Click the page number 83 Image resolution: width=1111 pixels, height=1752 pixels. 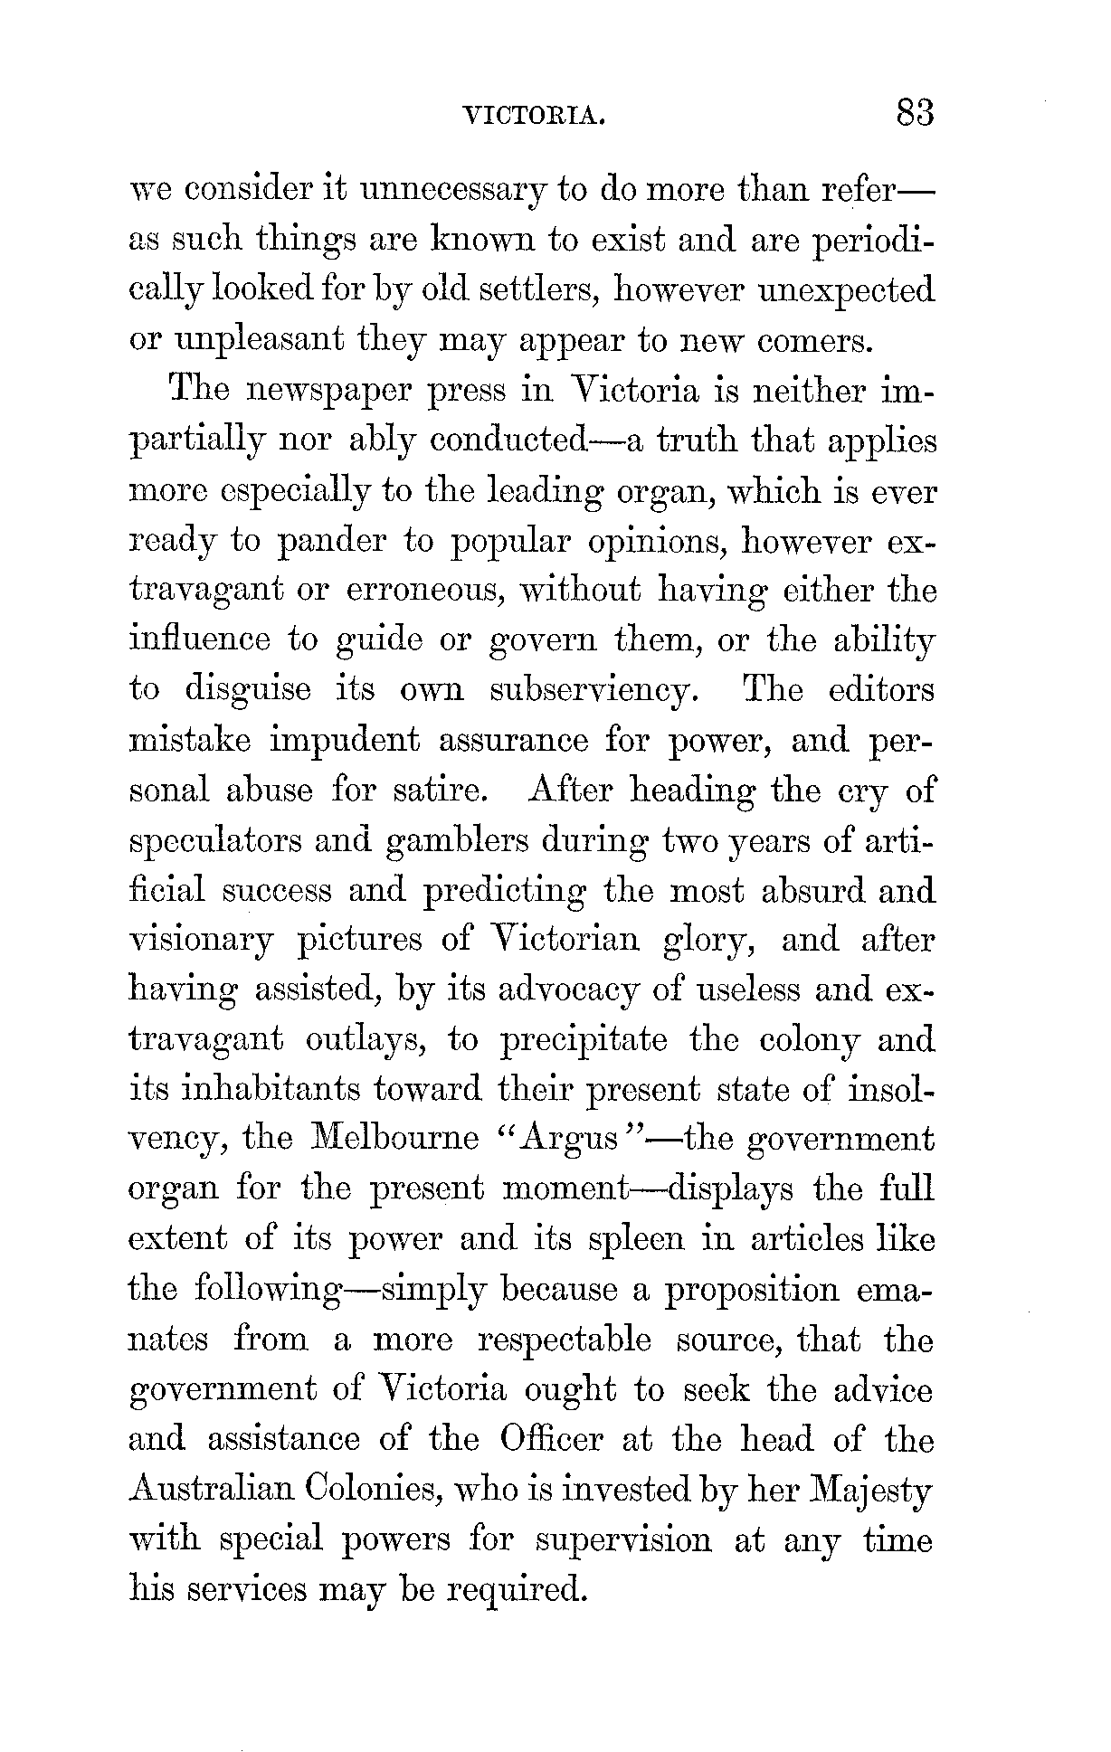[x=913, y=115]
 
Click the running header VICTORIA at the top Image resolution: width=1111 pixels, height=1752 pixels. [x=532, y=117]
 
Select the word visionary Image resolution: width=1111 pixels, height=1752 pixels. [x=200, y=942]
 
